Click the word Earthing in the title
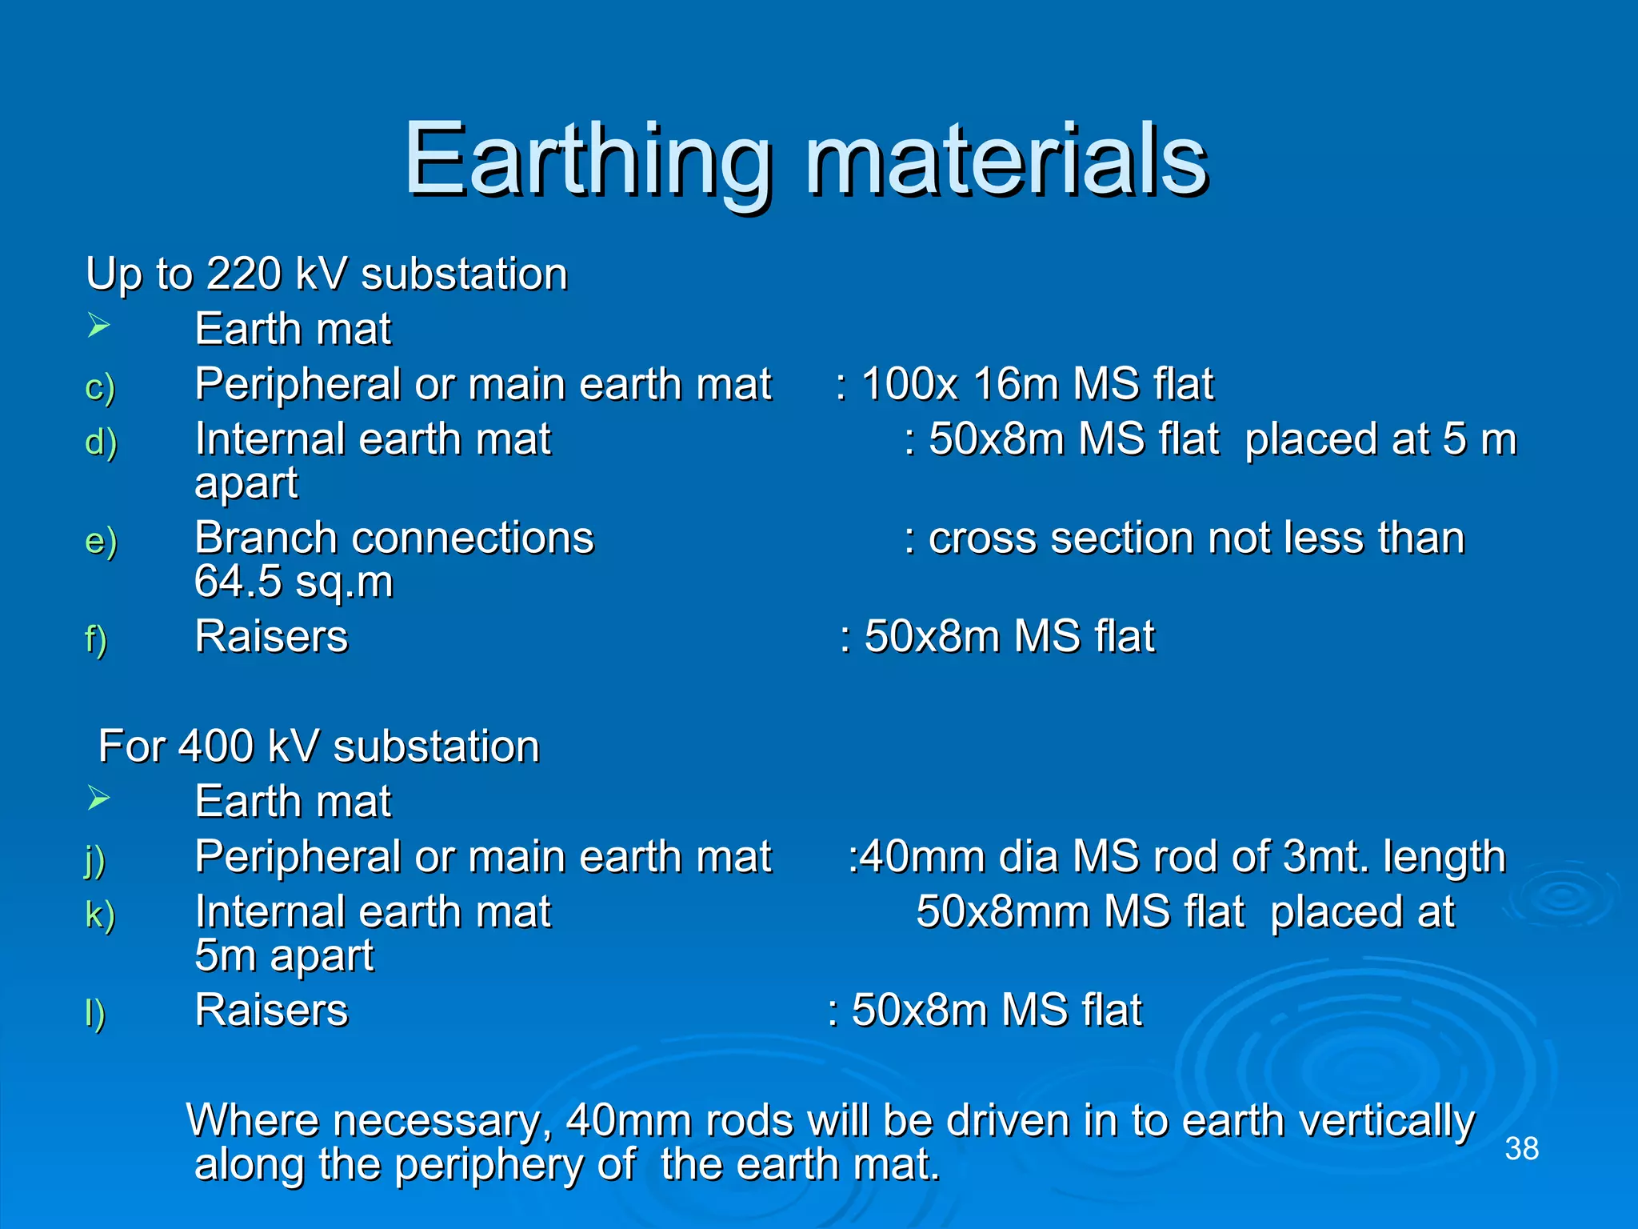pos(588,160)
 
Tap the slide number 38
pos(1521,1148)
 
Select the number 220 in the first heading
pos(243,274)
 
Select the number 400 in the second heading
pos(216,747)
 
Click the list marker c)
pos(100,387)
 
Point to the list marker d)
pos(101,442)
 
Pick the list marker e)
pos(101,541)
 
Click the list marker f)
pos(96,639)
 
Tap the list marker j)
pos(95,860)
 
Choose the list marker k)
pos(100,915)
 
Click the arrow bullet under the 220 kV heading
pos(98,326)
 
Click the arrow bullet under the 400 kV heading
pos(98,799)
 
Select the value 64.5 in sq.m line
pos(238,582)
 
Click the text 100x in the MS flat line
pos(909,384)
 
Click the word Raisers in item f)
pos(271,637)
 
